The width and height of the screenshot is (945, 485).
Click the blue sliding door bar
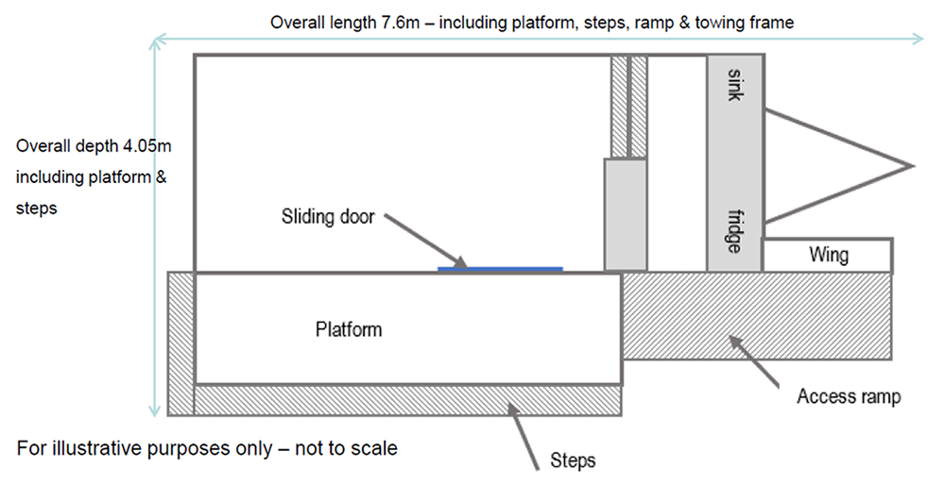coord(500,269)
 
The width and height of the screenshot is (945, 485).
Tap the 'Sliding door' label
coord(328,217)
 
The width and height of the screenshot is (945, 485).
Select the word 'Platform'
coord(349,329)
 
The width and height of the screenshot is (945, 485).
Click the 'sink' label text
coord(735,85)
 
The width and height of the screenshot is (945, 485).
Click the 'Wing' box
coord(828,255)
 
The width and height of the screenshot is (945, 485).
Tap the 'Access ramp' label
coord(849,397)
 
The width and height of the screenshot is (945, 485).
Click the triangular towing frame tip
coord(912,166)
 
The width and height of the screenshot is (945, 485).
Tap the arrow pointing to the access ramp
coord(756,363)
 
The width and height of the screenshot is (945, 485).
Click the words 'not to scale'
coord(346,447)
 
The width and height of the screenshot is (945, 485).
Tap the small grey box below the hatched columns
coord(626,214)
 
